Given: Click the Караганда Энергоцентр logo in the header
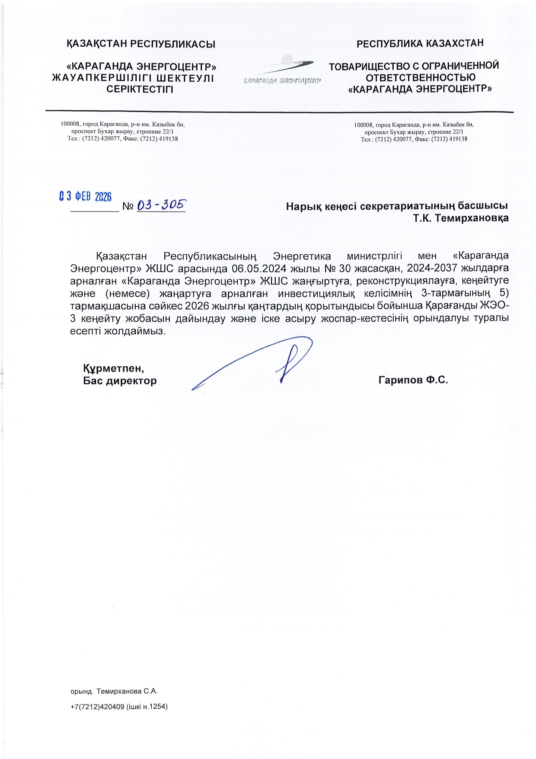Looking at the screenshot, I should (282, 71).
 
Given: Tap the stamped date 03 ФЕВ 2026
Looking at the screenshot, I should (85, 196).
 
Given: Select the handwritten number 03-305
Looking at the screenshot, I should (161, 205).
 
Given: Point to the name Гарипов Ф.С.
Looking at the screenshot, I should (413, 380).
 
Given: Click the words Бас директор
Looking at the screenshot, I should (120, 381).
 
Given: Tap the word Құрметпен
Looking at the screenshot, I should (113, 368).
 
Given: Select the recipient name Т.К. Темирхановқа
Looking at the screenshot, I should (460, 218).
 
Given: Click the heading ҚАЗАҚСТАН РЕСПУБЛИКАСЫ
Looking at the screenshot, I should (141, 44).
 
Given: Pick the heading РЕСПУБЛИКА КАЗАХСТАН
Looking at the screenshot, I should (420, 43).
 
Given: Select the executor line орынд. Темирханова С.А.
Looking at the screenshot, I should (114, 691).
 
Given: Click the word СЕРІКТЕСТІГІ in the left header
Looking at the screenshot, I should (140, 90).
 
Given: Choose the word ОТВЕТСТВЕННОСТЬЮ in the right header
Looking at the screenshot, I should (420, 77).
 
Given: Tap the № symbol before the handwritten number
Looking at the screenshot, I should (128, 206).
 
